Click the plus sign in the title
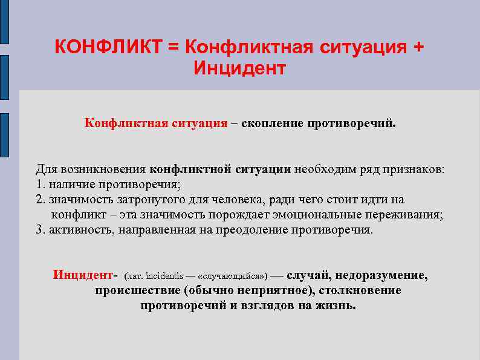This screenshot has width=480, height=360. point(417,47)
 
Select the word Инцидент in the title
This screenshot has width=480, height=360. point(239,68)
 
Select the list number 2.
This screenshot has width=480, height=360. point(40,199)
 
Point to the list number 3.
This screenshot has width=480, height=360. point(40,231)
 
